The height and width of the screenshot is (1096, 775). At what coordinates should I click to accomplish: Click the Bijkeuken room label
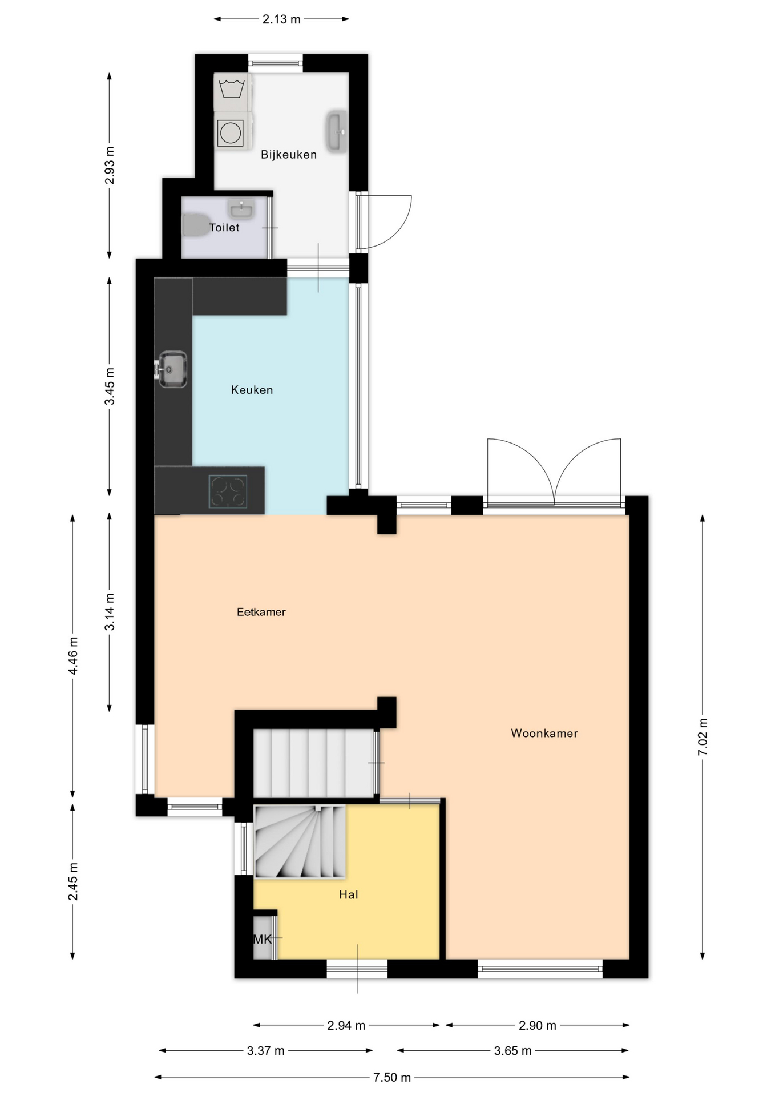[x=288, y=154]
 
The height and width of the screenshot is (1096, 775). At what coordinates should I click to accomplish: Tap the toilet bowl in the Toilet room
[x=195, y=225]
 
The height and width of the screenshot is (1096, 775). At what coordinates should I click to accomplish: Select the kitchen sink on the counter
[x=171, y=369]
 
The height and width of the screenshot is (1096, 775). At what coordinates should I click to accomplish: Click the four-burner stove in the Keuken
[x=228, y=491]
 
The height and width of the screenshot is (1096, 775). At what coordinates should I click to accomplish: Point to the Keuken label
[x=252, y=390]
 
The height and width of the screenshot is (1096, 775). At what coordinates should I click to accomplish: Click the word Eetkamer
[x=261, y=612]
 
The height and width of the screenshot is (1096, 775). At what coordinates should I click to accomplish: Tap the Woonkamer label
[x=544, y=733]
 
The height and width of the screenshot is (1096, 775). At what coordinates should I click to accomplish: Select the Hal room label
[x=348, y=894]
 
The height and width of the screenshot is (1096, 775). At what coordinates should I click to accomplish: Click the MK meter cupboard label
[x=263, y=939]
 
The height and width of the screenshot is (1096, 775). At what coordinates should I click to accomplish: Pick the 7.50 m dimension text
[x=391, y=1077]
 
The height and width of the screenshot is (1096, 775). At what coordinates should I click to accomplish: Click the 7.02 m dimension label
[x=703, y=737]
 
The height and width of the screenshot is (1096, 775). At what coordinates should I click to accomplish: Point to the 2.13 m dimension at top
[x=281, y=19]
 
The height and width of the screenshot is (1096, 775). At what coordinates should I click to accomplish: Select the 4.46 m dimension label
[x=73, y=655]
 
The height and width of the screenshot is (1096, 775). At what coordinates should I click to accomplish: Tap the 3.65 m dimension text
[x=512, y=1051]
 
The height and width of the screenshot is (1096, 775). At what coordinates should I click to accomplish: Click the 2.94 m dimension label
[x=346, y=1026]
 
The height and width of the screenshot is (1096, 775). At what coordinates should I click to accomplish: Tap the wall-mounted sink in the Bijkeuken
[x=337, y=131]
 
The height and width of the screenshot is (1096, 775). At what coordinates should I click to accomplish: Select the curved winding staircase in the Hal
[x=300, y=841]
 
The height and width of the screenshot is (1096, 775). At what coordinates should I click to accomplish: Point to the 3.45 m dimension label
[x=110, y=386]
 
